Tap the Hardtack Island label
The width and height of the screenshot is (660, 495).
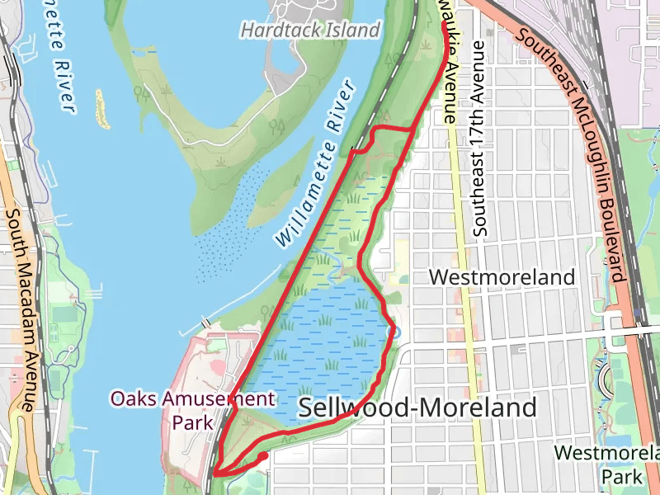310,31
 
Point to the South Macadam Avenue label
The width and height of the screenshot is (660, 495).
20,309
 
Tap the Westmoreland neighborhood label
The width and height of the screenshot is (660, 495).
502,277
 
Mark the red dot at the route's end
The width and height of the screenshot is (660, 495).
263,455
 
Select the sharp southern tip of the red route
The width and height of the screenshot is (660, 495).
216,473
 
